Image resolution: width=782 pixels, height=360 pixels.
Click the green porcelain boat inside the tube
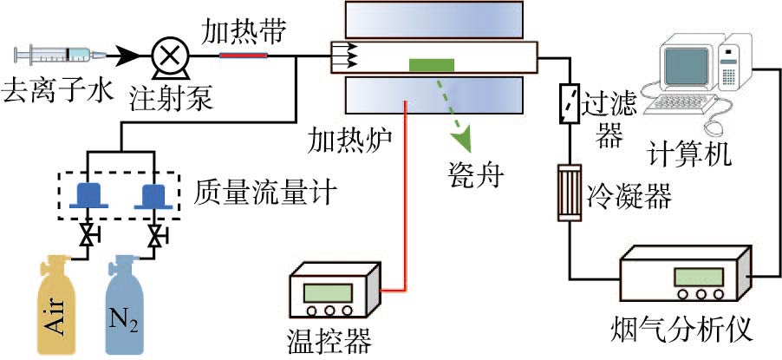(x=431, y=64)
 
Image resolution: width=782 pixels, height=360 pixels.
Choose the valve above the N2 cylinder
(x=154, y=235)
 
